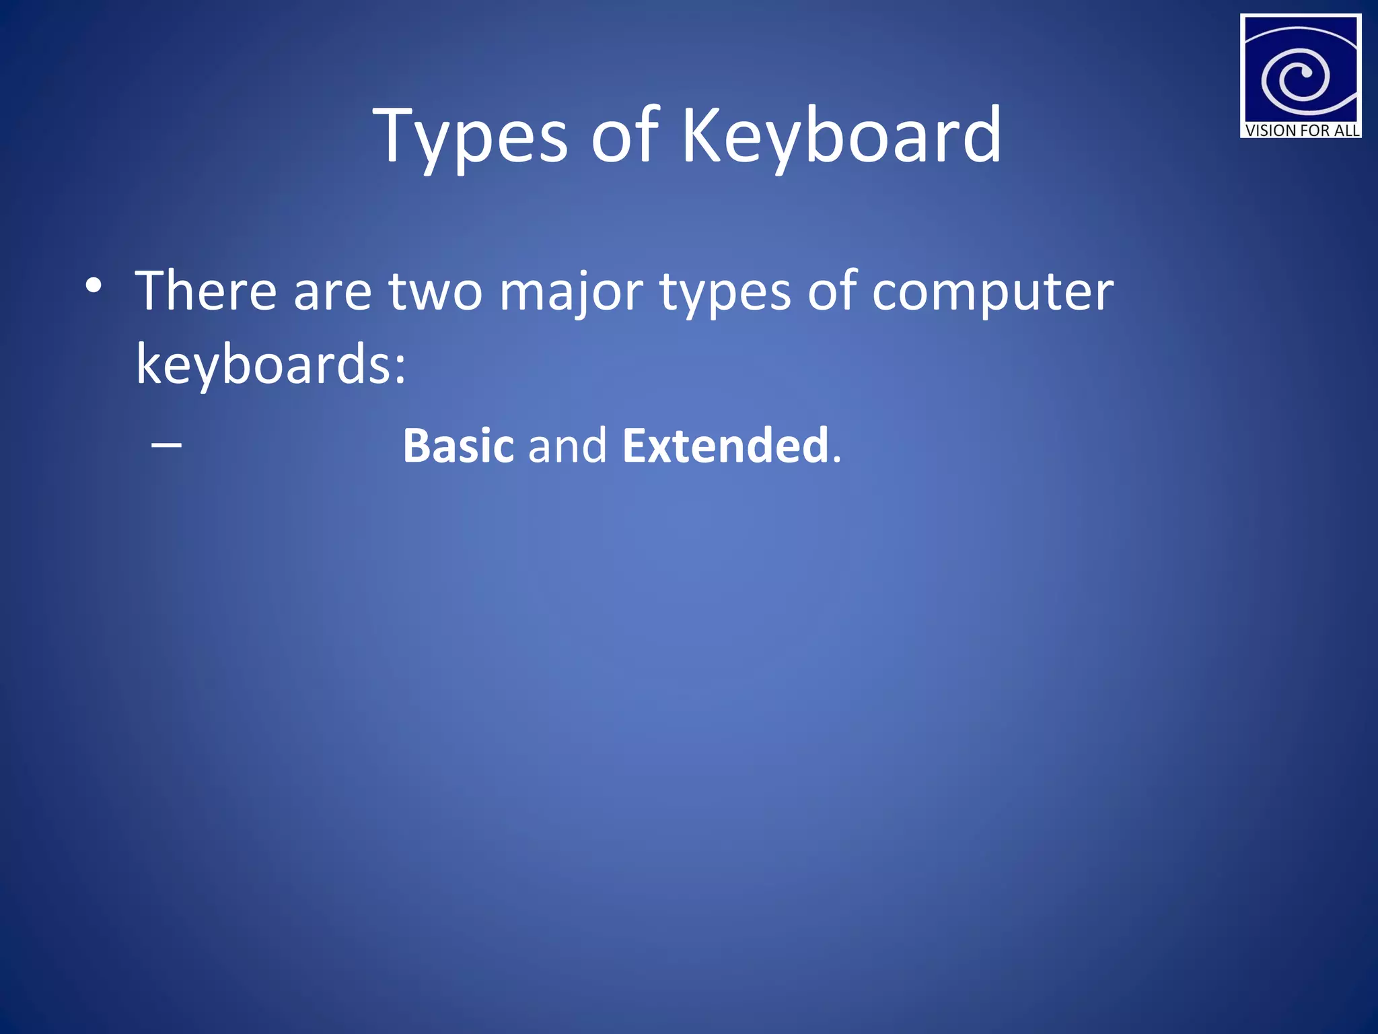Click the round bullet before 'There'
pyautogui.click(x=94, y=285)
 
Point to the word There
pyautogui.click(x=206, y=291)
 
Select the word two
pyautogui.click(x=435, y=292)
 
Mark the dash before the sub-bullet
pyautogui.click(x=166, y=445)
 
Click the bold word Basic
pyautogui.click(x=458, y=446)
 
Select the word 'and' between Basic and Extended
pyautogui.click(x=567, y=446)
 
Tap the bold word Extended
pyautogui.click(x=725, y=446)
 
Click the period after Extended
pyautogui.click(x=836, y=460)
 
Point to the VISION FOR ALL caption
pyautogui.click(x=1301, y=130)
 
